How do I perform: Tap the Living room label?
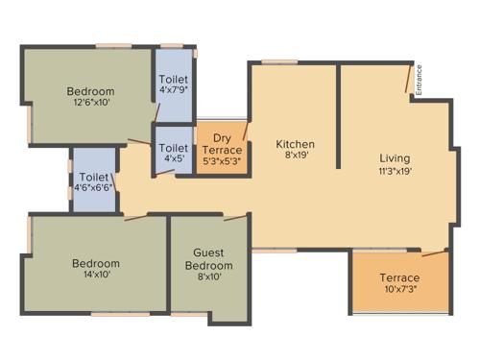pos(395,158)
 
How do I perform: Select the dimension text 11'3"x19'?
pos(395,172)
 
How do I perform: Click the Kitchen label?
pos(296,145)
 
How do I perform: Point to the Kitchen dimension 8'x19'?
pos(296,158)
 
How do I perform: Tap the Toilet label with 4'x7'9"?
pos(174,79)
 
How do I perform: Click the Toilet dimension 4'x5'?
pos(174,159)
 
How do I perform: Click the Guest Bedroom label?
pos(208,259)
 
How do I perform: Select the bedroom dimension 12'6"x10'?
pos(90,105)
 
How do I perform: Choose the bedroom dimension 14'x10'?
pos(96,276)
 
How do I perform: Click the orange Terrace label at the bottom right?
pos(398,278)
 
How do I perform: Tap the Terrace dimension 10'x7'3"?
pos(398,291)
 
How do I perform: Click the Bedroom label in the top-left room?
pos(90,91)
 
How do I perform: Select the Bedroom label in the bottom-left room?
pos(96,264)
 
